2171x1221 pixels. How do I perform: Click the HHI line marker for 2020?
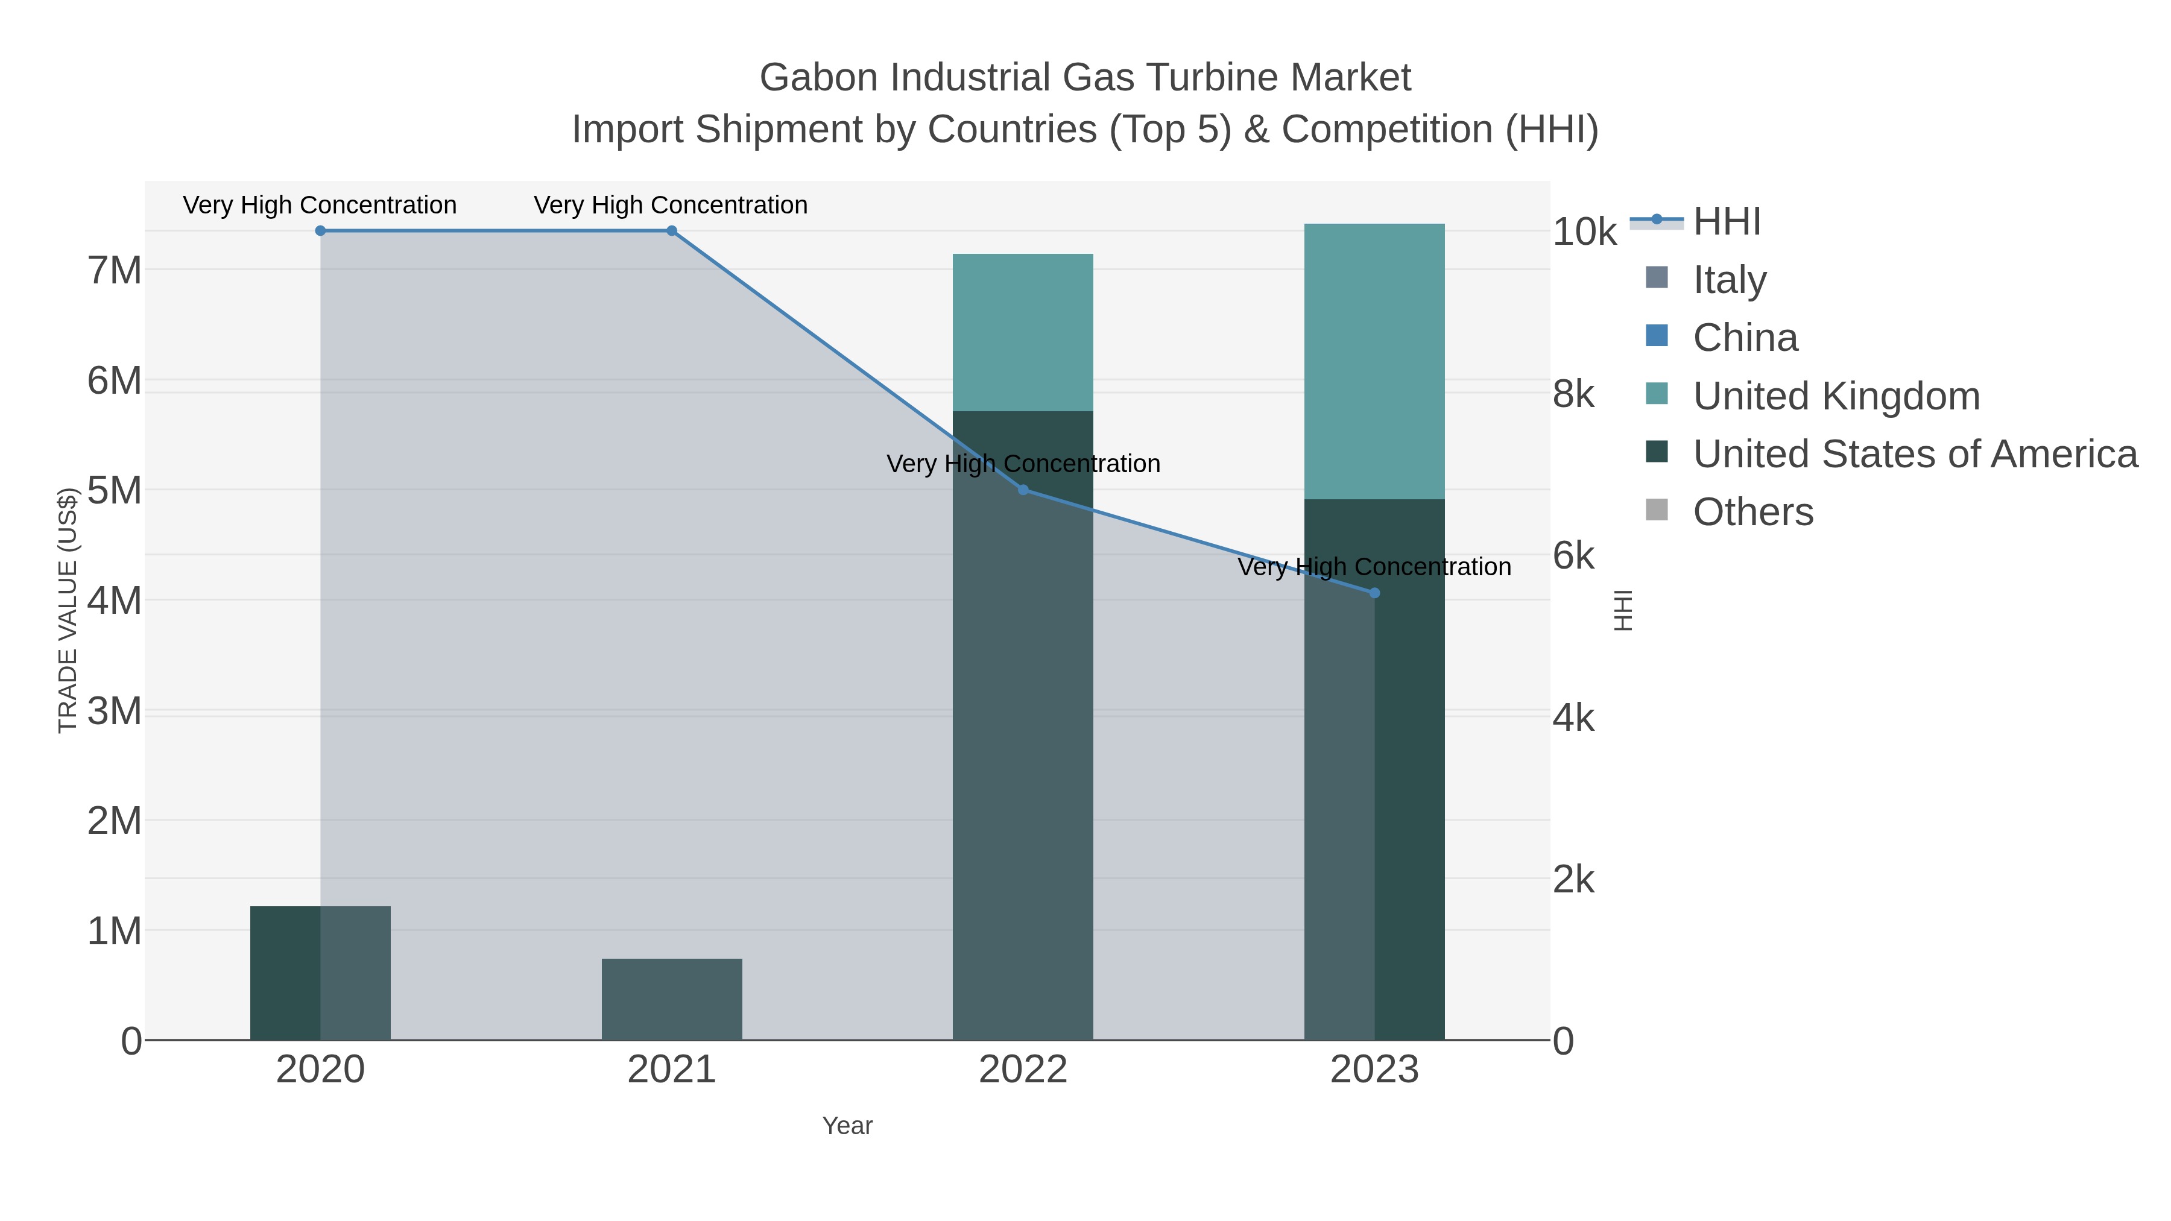pyautogui.click(x=320, y=231)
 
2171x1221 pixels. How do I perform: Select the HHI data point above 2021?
pyautogui.click(x=672, y=231)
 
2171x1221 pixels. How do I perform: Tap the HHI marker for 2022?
pyautogui.click(x=1023, y=490)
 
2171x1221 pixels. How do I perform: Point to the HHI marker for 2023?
pyautogui.click(x=1374, y=593)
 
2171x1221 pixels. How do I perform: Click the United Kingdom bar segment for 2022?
pyautogui.click(x=1023, y=333)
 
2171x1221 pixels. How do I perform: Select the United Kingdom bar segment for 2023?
pyautogui.click(x=1374, y=362)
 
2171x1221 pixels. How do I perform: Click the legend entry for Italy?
pyautogui.click(x=1730, y=280)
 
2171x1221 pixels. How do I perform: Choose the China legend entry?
pyautogui.click(x=1745, y=338)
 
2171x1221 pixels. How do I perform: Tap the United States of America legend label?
pyautogui.click(x=1915, y=454)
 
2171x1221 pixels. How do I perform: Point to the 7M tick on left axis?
pyautogui.click(x=115, y=271)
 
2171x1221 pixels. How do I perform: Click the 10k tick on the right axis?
pyautogui.click(x=1584, y=233)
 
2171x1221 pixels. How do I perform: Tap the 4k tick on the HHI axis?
pyautogui.click(x=1573, y=719)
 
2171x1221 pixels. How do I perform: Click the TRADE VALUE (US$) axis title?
pyautogui.click(x=68, y=610)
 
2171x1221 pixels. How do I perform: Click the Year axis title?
pyautogui.click(x=847, y=1126)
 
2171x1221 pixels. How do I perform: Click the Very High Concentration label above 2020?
pyautogui.click(x=320, y=206)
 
